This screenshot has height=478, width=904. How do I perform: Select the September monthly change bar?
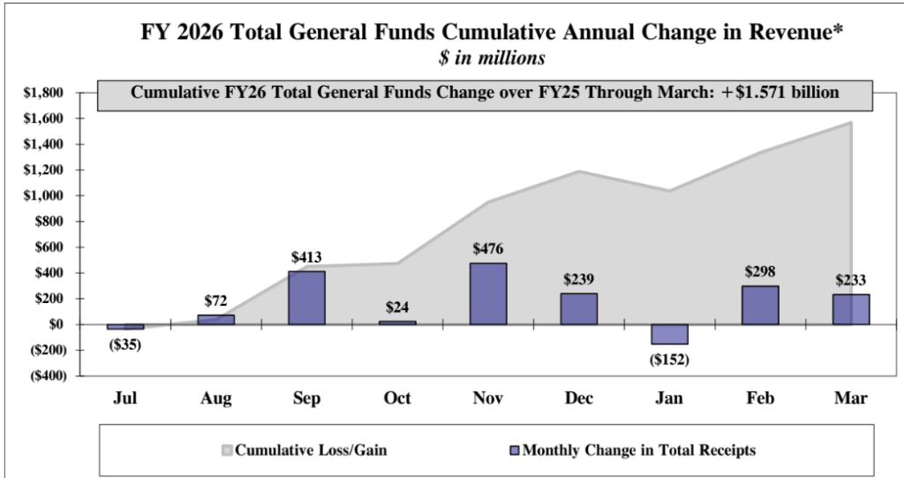pos(306,298)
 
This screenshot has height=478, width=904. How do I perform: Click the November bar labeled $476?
pos(488,293)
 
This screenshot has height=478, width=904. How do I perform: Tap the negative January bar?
pos(669,334)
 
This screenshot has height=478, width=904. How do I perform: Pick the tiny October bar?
pos(397,322)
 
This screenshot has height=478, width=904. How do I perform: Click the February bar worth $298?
pos(760,305)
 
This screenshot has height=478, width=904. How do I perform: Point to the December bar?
pos(578,308)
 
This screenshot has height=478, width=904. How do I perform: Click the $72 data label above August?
pos(216,301)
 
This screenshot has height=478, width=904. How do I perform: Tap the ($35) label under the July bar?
pos(125,344)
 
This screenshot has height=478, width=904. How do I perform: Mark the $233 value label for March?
pos(851,280)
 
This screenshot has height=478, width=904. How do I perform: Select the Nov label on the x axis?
pos(488,398)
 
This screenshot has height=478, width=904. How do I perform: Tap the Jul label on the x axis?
pos(125,398)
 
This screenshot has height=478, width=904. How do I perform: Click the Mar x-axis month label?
pos(851,398)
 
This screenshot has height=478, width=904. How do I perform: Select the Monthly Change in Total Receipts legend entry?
pos(632,451)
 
